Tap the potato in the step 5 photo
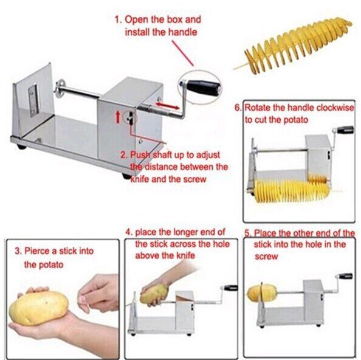coord(258,294)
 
